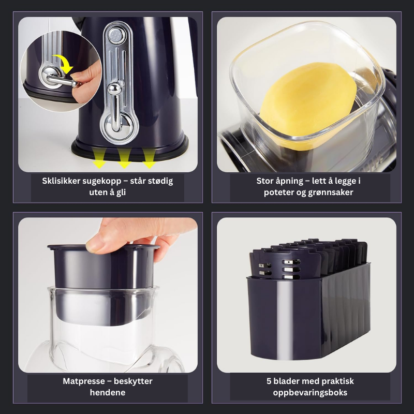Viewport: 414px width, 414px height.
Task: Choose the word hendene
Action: [x=108, y=393]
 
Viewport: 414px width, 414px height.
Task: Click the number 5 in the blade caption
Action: [x=269, y=381]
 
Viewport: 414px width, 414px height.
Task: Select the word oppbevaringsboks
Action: [x=310, y=393]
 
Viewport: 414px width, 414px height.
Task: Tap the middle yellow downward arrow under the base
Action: [x=124, y=158]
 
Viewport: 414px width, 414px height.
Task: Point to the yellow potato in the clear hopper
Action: [x=308, y=106]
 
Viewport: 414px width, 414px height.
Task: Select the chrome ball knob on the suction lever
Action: [x=114, y=88]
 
